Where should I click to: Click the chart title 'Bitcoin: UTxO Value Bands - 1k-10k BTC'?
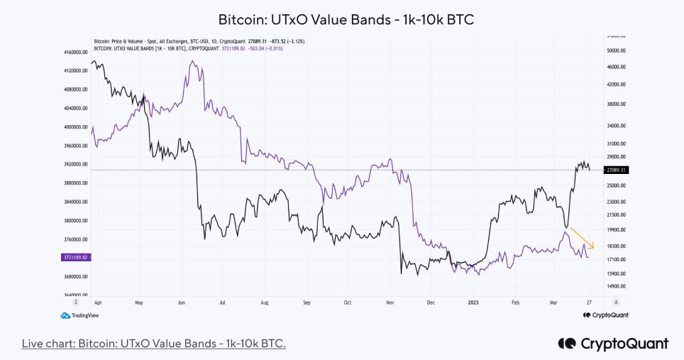pos(345,19)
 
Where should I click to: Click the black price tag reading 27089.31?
pos(615,170)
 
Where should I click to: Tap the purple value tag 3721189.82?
pos(75,258)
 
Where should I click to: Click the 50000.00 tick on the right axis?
pos(615,50)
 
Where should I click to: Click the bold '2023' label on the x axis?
pos(474,302)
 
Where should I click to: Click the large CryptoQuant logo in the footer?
pos(613,344)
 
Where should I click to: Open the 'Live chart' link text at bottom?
pos(153,344)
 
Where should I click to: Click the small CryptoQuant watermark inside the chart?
pos(605,315)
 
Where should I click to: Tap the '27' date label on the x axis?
pos(589,302)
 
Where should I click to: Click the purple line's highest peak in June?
pos(192,62)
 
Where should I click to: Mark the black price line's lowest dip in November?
pos(402,273)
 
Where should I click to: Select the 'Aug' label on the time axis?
pos(265,302)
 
